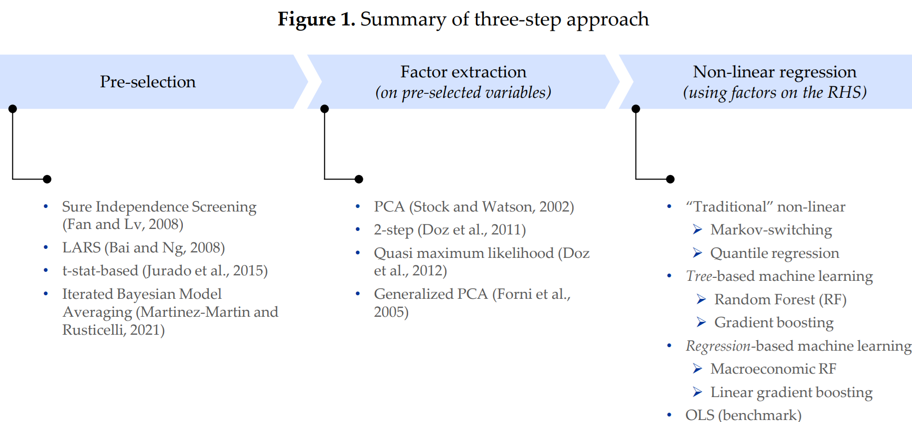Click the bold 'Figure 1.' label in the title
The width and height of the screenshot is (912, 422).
[316, 19]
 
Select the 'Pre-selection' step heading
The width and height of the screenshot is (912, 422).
[148, 82]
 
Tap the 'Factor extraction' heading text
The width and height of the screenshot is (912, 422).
[463, 72]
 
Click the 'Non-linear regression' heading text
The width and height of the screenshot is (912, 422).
[774, 72]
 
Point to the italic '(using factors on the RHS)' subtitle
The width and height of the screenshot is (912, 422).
[774, 93]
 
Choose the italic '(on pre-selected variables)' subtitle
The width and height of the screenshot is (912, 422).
[463, 93]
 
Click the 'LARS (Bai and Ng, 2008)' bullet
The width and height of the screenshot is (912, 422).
[144, 247]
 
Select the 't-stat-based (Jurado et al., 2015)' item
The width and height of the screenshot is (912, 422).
[165, 270]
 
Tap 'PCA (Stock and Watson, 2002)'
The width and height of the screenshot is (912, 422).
[474, 207]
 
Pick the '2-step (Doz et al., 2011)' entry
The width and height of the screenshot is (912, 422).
[450, 229]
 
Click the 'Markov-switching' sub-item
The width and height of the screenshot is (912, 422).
[771, 229]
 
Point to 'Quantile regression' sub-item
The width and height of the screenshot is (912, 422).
[774, 253]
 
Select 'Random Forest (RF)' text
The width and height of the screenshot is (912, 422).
[780, 299]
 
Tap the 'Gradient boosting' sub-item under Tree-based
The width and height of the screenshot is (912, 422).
[774, 322]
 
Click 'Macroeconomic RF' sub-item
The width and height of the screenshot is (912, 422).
[773, 369]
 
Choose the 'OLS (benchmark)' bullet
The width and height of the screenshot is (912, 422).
[743, 415]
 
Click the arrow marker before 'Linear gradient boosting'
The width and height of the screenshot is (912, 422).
[697, 392]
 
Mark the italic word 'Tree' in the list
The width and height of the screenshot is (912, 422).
[699, 276]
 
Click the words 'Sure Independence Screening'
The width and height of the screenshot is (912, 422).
[159, 207]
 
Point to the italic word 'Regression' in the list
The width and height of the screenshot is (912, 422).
[718, 346]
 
